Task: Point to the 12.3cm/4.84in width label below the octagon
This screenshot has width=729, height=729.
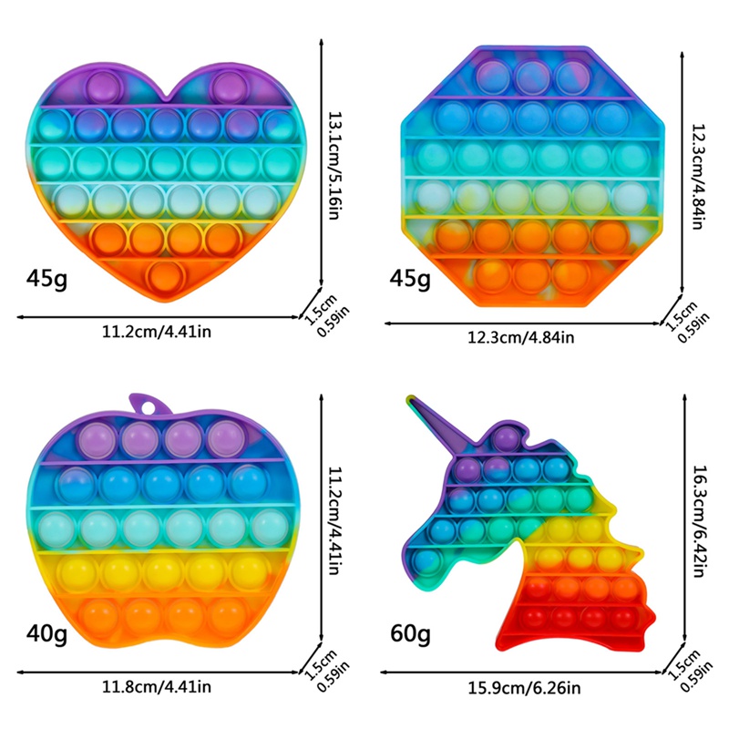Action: tap(521, 338)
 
